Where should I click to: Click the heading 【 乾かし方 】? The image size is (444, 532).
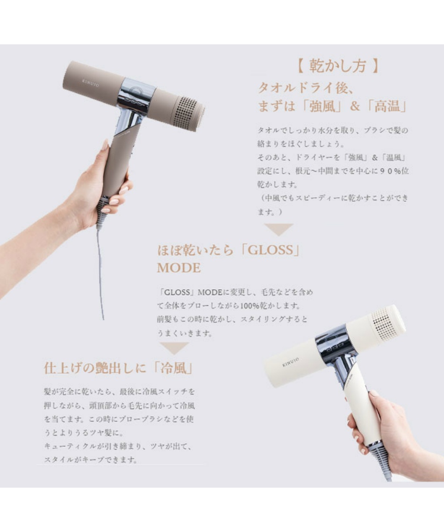click(337, 66)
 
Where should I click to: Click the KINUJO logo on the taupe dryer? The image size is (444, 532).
click(90, 83)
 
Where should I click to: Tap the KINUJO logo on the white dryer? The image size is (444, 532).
click(290, 362)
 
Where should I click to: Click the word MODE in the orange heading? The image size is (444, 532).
click(179, 268)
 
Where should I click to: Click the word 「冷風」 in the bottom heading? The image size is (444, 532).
click(173, 368)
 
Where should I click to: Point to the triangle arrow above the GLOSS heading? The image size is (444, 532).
click(279, 229)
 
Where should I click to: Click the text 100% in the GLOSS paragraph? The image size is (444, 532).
click(250, 306)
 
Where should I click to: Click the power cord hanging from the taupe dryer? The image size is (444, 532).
click(100, 272)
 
